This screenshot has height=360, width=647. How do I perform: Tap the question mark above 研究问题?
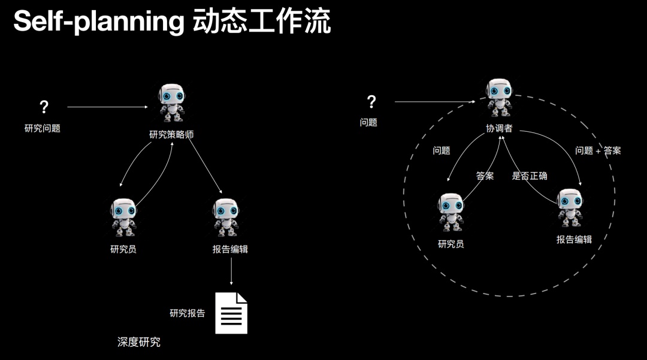click(x=44, y=107)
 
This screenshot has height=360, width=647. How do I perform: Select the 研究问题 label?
click(x=43, y=128)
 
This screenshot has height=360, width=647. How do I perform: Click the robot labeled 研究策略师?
click(x=171, y=104)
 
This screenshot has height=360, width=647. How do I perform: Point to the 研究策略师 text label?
click(x=171, y=135)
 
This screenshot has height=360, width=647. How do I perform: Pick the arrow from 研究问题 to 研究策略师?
click(x=108, y=107)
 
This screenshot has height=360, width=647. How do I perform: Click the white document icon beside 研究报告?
click(x=231, y=313)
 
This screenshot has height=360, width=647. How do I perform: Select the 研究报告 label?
click(x=188, y=313)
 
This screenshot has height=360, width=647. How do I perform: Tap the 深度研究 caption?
click(x=139, y=343)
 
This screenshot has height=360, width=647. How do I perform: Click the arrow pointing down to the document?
click(x=231, y=274)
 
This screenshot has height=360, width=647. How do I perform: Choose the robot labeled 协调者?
click(x=498, y=98)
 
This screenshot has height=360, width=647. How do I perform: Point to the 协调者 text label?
click(x=498, y=129)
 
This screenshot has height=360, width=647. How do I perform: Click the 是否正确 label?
click(x=530, y=176)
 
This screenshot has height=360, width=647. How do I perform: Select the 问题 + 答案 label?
click(x=598, y=151)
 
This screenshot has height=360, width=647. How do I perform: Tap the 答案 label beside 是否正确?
click(x=485, y=176)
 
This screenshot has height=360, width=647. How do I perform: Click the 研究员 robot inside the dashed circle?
click(x=451, y=213)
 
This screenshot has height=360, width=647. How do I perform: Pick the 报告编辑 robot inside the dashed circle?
click(x=569, y=208)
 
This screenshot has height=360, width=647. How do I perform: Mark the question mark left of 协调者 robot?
click(x=371, y=102)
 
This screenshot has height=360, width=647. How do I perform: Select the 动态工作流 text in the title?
click(x=262, y=23)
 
